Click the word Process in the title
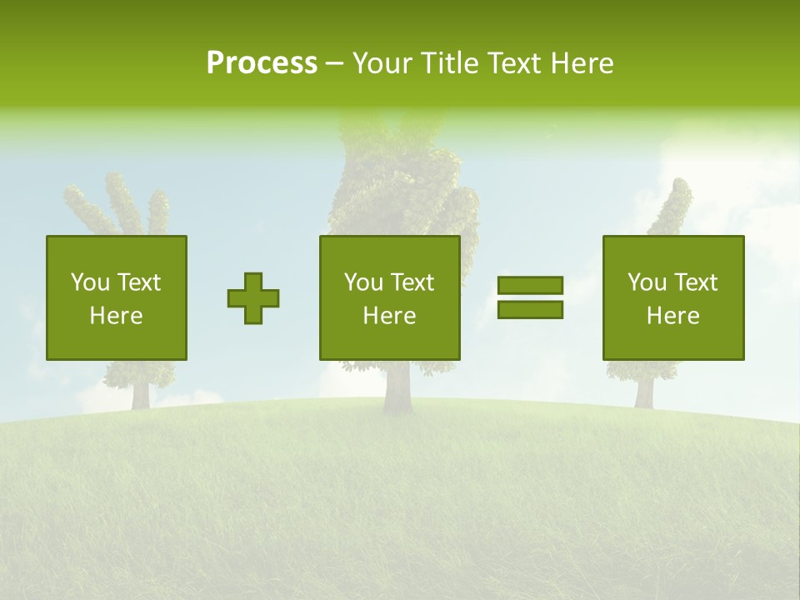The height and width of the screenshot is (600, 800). click(262, 63)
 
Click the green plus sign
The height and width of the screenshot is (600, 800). click(253, 298)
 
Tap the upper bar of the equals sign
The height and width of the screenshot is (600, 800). click(530, 285)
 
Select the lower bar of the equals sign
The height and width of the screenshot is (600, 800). click(530, 310)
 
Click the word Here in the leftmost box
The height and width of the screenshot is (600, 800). click(116, 316)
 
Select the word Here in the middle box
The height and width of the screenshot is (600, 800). click(389, 316)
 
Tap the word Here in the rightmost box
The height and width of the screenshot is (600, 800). click(672, 316)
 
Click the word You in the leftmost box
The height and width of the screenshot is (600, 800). click(89, 282)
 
